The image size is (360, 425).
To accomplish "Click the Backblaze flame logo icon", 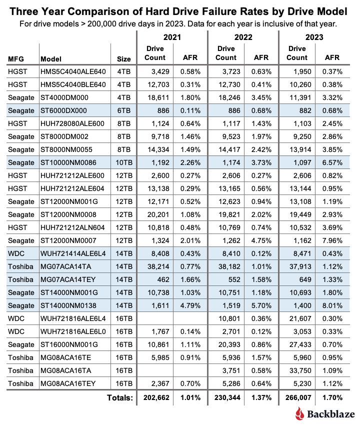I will (299, 414).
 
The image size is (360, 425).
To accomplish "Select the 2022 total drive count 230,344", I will (228, 397).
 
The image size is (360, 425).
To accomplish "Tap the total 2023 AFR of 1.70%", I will (332, 397).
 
